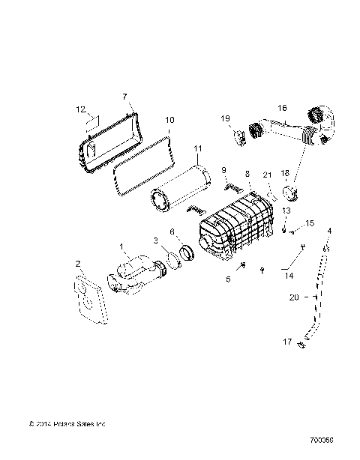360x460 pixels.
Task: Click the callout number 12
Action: coord(81,109)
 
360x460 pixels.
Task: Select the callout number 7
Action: coord(125,96)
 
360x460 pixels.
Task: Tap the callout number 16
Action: coord(283,108)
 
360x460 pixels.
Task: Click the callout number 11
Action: coord(197,148)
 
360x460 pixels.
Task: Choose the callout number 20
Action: coord(295,297)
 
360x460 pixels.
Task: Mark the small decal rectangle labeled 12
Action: coord(91,121)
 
